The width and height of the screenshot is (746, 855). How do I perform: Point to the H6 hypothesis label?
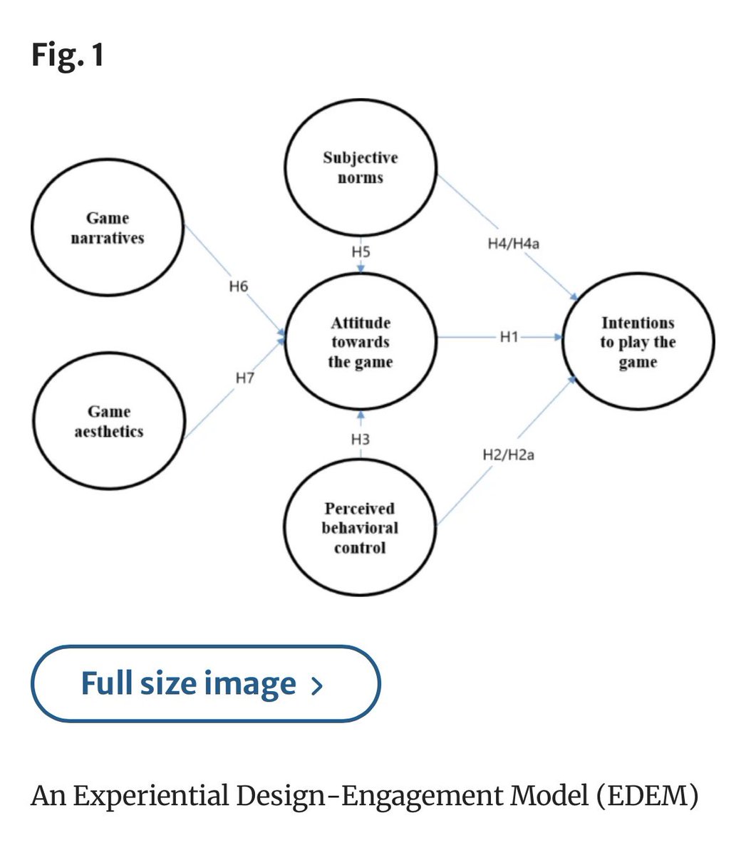click(239, 286)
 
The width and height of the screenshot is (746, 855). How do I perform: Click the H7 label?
click(245, 378)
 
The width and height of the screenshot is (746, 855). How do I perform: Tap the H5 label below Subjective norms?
click(361, 252)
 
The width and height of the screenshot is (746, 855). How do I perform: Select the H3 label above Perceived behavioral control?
click(361, 440)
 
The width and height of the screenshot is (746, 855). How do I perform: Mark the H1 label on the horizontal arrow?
click(509, 337)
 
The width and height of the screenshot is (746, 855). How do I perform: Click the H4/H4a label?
click(514, 243)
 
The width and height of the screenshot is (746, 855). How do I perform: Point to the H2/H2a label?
click(509, 455)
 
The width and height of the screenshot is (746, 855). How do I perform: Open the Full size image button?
click(206, 684)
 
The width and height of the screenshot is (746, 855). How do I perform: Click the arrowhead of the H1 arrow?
click(559, 337)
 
